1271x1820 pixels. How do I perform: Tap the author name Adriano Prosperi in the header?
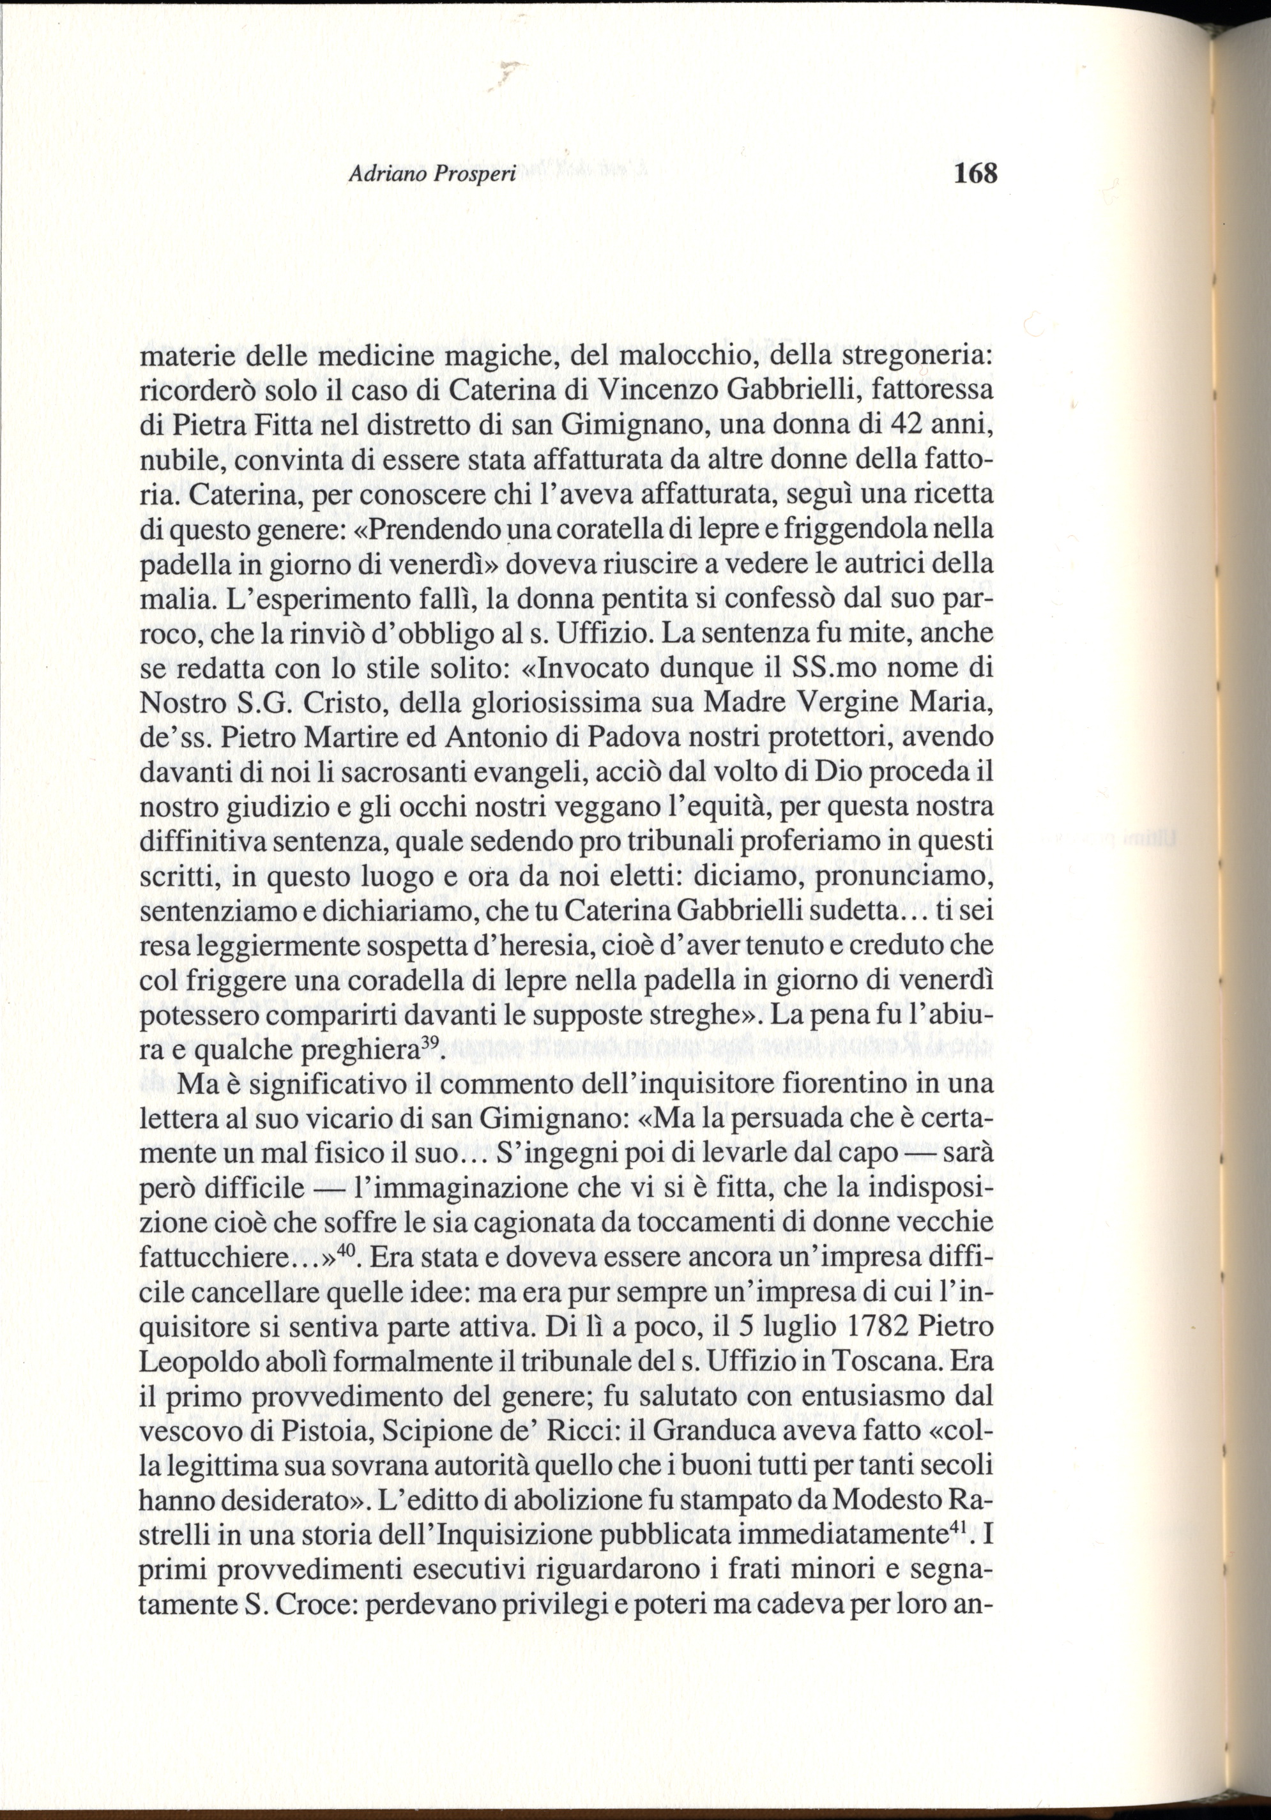tap(432, 174)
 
